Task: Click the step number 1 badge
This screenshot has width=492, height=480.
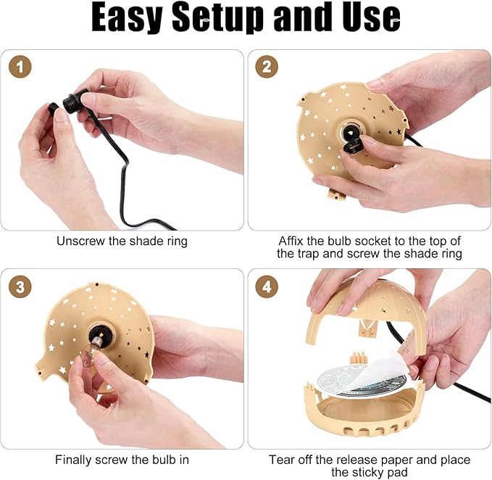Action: click(x=20, y=67)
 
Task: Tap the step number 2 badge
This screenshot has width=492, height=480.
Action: click(x=266, y=67)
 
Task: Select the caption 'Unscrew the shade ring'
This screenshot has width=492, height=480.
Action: click(x=122, y=241)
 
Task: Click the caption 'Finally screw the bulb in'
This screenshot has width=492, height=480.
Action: click(x=122, y=460)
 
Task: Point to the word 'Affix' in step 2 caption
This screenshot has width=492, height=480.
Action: click(x=292, y=241)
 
